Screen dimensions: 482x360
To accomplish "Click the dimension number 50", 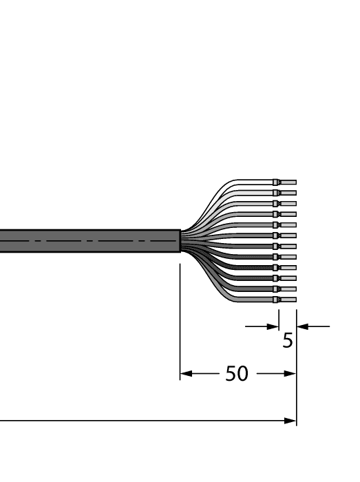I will [237, 374].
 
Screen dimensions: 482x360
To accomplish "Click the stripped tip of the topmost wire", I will [288, 182].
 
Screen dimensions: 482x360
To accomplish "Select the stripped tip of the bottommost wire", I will [288, 300].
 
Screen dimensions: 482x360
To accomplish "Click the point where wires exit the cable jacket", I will [181, 241].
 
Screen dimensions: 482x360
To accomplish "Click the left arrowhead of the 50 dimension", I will [185, 374].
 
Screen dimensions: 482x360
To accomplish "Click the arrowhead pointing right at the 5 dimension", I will [274, 326].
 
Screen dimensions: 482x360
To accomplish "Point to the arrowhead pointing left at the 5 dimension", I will [301, 326].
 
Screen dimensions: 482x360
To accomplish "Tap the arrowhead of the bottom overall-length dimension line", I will [291, 420].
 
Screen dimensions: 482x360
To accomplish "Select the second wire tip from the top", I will [288, 193].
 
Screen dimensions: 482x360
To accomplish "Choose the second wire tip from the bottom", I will [288, 289].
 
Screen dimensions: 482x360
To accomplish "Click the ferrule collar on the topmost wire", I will [276, 182].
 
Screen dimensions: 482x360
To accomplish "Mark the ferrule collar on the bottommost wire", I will [276, 300].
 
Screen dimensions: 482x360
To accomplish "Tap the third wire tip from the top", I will [288, 203].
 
